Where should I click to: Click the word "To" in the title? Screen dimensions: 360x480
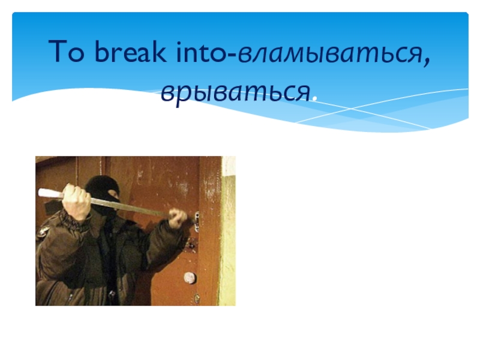[64, 54]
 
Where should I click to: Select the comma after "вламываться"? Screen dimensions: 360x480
[427, 62]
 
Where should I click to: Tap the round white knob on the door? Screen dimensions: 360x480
[190, 278]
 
